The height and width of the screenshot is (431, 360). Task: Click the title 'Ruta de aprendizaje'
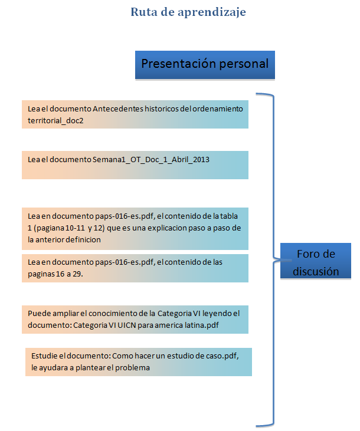point(188,12)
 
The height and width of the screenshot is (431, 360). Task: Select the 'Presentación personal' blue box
point(205,65)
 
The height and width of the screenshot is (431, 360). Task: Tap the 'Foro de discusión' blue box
point(316,261)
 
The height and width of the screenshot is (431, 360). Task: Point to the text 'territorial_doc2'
point(55,121)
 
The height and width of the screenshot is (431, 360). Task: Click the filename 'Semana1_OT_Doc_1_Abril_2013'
point(151,160)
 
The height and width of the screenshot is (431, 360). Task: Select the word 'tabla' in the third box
point(228,216)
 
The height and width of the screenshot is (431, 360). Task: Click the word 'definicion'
point(83,240)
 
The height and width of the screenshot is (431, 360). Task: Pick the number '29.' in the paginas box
point(78,274)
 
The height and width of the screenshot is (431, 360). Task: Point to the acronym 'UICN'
point(127,325)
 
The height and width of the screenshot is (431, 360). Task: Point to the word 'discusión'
point(316,272)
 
